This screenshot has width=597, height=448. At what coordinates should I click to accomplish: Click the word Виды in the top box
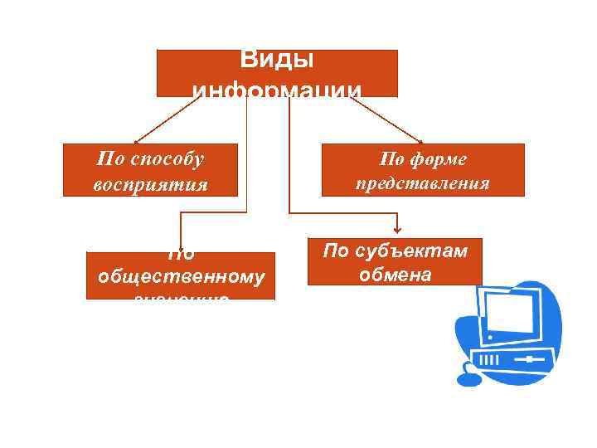pyautogui.click(x=277, y=61)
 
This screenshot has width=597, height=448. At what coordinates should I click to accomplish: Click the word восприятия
pyautogui.click(x=150, y=183)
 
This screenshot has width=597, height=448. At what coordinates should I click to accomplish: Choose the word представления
pyautogui.click(x=423, y=183)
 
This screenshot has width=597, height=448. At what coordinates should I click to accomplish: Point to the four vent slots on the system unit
pyautogui.click(x=491, y=361)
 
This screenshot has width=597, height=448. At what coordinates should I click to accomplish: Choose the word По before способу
pyautogui.click(x=110, y=158)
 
